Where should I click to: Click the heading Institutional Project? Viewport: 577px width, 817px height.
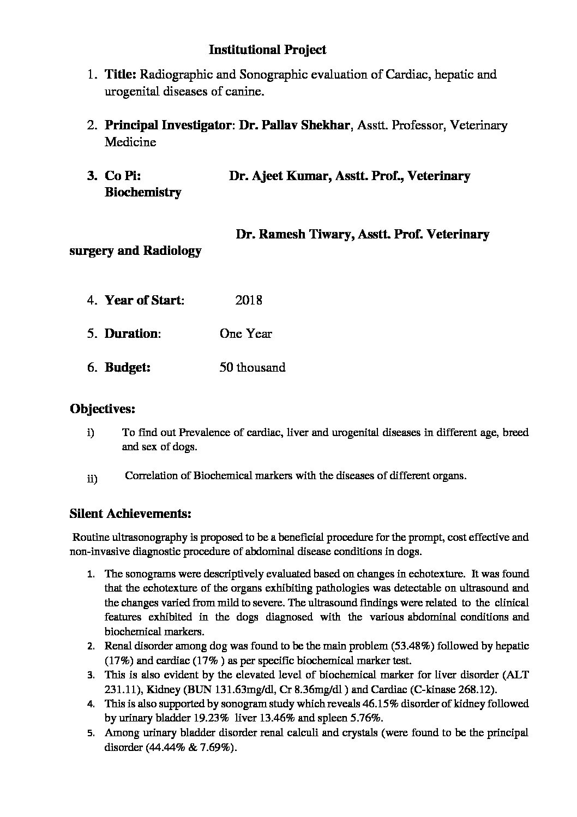(267, 50)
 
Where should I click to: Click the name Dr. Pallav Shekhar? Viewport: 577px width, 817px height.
(295, 126)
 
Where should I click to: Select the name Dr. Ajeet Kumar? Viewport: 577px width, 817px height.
(276, 176)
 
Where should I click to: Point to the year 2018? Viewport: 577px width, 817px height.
(249, 300)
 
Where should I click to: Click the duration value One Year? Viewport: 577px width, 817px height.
(245, 334)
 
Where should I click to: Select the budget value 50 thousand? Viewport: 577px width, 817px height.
(252, 368)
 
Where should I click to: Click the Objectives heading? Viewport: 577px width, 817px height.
(103, 409)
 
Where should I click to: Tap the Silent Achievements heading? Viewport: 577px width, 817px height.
(130, 514)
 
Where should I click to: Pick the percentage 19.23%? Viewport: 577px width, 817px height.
(214, 718)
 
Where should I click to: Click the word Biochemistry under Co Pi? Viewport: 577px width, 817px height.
(143, 193)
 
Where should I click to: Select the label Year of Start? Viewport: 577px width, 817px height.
(144, 300)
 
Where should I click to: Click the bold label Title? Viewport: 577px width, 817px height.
(121, 75)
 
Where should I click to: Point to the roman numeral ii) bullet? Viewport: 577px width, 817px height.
(92, 479)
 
